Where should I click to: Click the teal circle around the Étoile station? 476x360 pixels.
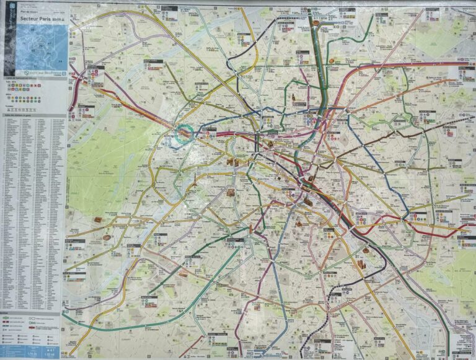(x=184, y=133)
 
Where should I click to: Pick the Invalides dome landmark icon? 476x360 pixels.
(x=231, y=193)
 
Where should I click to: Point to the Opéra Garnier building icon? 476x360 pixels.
(x=270, y=143)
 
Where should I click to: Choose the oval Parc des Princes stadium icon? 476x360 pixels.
(x=107, y=237)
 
